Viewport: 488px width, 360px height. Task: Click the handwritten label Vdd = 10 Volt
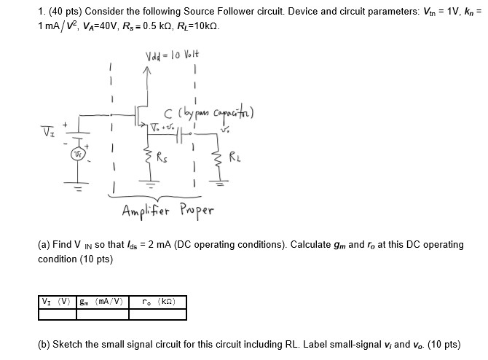pyautogui.click(x=172, y=56)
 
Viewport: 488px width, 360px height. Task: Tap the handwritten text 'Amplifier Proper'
pyautogui.click(x=168, y=212)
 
